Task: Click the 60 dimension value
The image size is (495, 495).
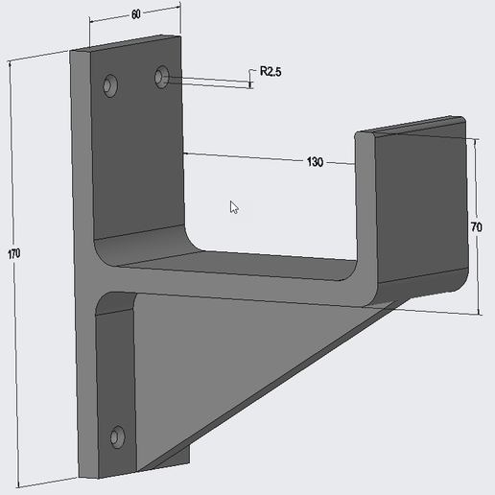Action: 135,14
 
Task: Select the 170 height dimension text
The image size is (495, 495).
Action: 12,253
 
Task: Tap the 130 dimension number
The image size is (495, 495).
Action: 315,161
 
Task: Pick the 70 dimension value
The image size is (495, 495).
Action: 477,227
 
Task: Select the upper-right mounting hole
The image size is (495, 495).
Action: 162,75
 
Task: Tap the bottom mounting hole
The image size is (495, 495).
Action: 117,437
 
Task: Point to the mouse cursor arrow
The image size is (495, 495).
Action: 234,206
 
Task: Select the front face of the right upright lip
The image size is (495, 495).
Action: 420,211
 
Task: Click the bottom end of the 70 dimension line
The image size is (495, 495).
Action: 477,312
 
